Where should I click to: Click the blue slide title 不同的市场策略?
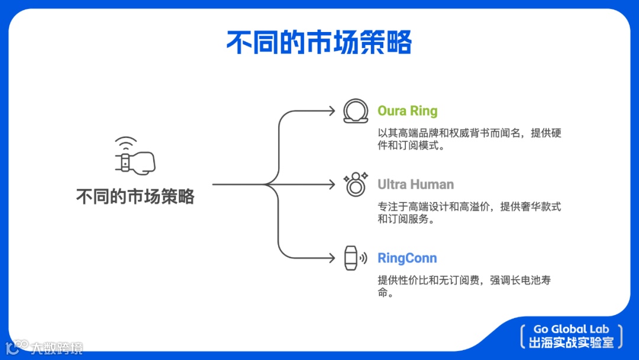319,43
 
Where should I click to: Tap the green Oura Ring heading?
408,111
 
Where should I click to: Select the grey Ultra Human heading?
416,185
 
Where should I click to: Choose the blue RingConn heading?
407,258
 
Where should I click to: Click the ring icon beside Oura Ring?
356,111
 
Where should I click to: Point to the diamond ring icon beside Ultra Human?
355,185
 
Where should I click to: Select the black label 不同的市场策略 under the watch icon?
135,197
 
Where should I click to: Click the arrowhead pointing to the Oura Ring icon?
332,111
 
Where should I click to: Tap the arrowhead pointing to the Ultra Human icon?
332,185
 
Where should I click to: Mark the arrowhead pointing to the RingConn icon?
332,258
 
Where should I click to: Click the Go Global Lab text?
571,329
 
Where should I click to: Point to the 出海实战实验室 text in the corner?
571,342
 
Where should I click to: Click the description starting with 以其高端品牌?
469,139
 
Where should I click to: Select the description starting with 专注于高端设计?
469,213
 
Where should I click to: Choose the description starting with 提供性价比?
464,286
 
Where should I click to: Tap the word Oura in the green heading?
392,111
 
